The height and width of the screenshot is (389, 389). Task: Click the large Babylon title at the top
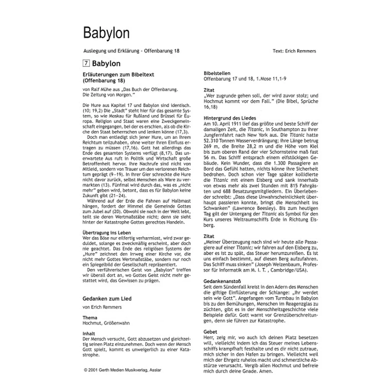(x=106, y=33)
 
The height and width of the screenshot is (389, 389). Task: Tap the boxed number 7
(x=86, y=63)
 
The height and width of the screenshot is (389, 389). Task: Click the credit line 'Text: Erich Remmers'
(x=294, y=51)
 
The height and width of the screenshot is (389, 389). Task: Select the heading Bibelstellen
(x=217, y=73)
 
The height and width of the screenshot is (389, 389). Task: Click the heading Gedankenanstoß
(x=222, y=281)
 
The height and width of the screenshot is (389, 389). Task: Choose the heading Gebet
(x=210, y=332)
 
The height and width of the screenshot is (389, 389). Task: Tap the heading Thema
(x=90, y=318)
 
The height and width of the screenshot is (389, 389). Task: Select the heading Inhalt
(x=89, y=334)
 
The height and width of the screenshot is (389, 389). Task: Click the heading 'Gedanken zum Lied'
(x=107, y=299)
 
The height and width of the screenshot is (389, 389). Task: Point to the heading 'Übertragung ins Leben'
(x=107, y=233)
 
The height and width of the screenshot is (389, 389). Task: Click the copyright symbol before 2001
(x=86, y=370)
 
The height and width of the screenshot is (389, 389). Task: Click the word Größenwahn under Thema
(x=117, y=323)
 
